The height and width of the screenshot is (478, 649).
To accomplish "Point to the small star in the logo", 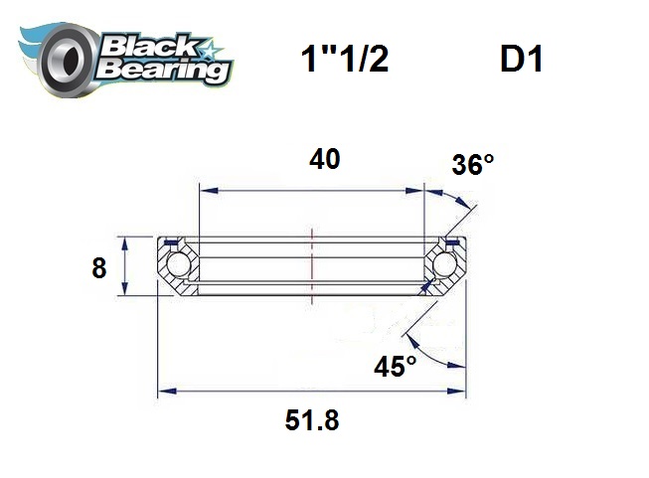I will point(211,46).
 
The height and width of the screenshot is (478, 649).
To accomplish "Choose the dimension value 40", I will point(324,159).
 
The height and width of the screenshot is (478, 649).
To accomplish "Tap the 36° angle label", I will point(472,165).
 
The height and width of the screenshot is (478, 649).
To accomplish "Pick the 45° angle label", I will point(396,368).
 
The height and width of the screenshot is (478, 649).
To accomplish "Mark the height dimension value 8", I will point(98,268).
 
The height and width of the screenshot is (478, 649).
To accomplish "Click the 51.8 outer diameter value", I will point(312,420).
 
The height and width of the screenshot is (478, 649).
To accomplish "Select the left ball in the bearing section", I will point(178,264).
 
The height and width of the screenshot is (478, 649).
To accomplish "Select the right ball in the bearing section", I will point(444,264).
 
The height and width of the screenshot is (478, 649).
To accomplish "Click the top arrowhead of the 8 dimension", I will point(123,240).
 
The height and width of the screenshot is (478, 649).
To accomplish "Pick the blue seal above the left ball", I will point(170,242).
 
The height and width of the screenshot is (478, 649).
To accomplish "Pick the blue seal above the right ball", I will point(453,242).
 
